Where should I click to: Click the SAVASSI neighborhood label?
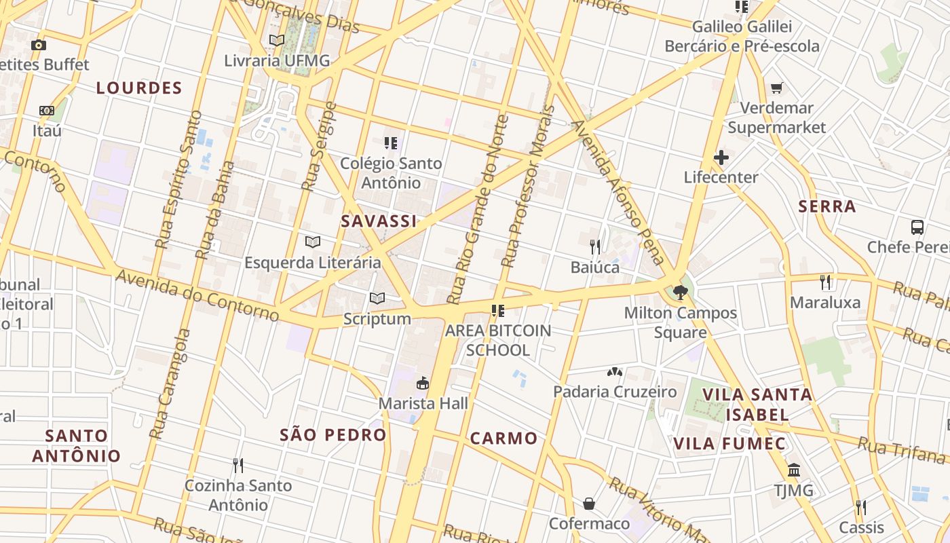(x=379, y=221)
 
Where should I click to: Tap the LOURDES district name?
(x=139, y=88)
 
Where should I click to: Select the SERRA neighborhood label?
(x=827, y=206)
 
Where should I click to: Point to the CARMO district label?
(x=504, y=438)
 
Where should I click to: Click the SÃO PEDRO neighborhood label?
(x=333, y=435)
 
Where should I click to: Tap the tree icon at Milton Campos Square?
(x=681, y=293)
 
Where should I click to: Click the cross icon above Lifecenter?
(x=721, y=158)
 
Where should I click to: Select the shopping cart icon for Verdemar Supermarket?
(x=777, y=88)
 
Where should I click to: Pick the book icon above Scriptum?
(x=377, y=298)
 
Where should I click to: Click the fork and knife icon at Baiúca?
(x=595, y=246)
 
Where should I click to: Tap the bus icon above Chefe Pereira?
(x=917, y=227)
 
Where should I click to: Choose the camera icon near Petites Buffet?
(x=39, y=45)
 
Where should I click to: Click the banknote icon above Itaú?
(x=46, y=110)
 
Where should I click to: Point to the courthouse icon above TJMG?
(x=793, y=470)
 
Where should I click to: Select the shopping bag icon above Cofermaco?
(x=589, y=503)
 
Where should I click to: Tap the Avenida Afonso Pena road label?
(x=617, y=192)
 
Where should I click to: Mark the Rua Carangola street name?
(x=170, y=383)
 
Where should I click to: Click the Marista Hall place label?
(x=423, y=403)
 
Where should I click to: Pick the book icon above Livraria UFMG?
(x=277, y=40)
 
